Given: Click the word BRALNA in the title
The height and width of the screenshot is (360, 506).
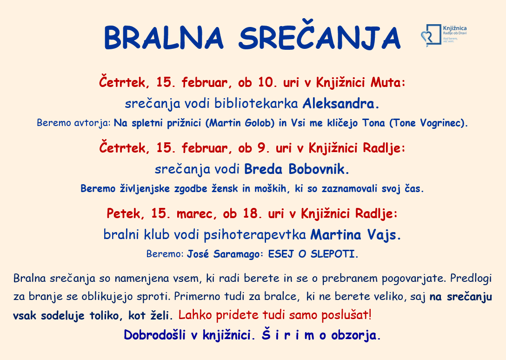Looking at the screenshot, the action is coord(164,38).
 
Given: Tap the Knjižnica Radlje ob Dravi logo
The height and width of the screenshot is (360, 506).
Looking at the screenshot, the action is coord(444,35).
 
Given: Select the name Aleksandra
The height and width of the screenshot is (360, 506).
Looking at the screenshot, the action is coord(340,104).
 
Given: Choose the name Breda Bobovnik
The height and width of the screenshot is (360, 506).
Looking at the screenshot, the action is coord(296,169).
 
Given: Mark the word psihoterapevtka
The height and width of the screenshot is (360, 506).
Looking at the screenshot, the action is coord(254,235).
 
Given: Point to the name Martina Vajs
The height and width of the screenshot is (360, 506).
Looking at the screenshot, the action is coord(355,235).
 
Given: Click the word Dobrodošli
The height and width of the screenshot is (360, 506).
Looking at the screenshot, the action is coord(155,335).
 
